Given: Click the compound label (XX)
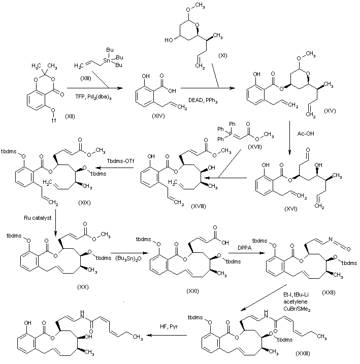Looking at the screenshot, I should click(82, 287).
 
